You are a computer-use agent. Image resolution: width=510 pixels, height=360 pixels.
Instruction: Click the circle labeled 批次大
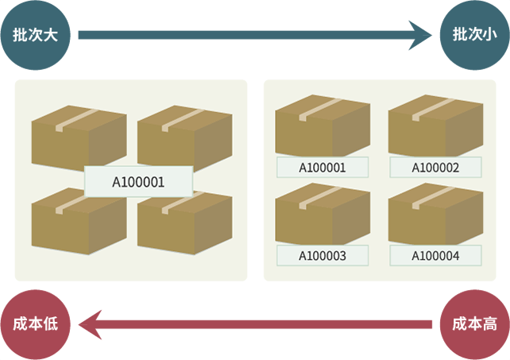36,36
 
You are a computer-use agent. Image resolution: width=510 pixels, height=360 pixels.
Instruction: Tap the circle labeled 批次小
474,36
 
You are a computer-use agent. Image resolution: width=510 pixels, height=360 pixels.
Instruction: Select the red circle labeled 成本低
36,324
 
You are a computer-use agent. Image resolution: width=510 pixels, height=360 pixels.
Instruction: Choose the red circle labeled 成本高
474,324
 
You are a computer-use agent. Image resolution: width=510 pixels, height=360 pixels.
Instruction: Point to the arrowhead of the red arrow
89,324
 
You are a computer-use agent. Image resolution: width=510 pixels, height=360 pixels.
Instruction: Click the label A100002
435,168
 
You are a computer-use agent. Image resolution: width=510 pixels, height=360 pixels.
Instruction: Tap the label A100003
322,255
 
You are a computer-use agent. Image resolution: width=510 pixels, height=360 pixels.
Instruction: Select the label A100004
435,255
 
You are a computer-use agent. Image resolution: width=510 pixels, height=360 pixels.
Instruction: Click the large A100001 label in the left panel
138,181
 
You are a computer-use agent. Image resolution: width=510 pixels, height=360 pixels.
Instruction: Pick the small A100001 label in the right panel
322,168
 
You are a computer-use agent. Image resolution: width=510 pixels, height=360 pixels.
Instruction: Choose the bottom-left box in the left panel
78,223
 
